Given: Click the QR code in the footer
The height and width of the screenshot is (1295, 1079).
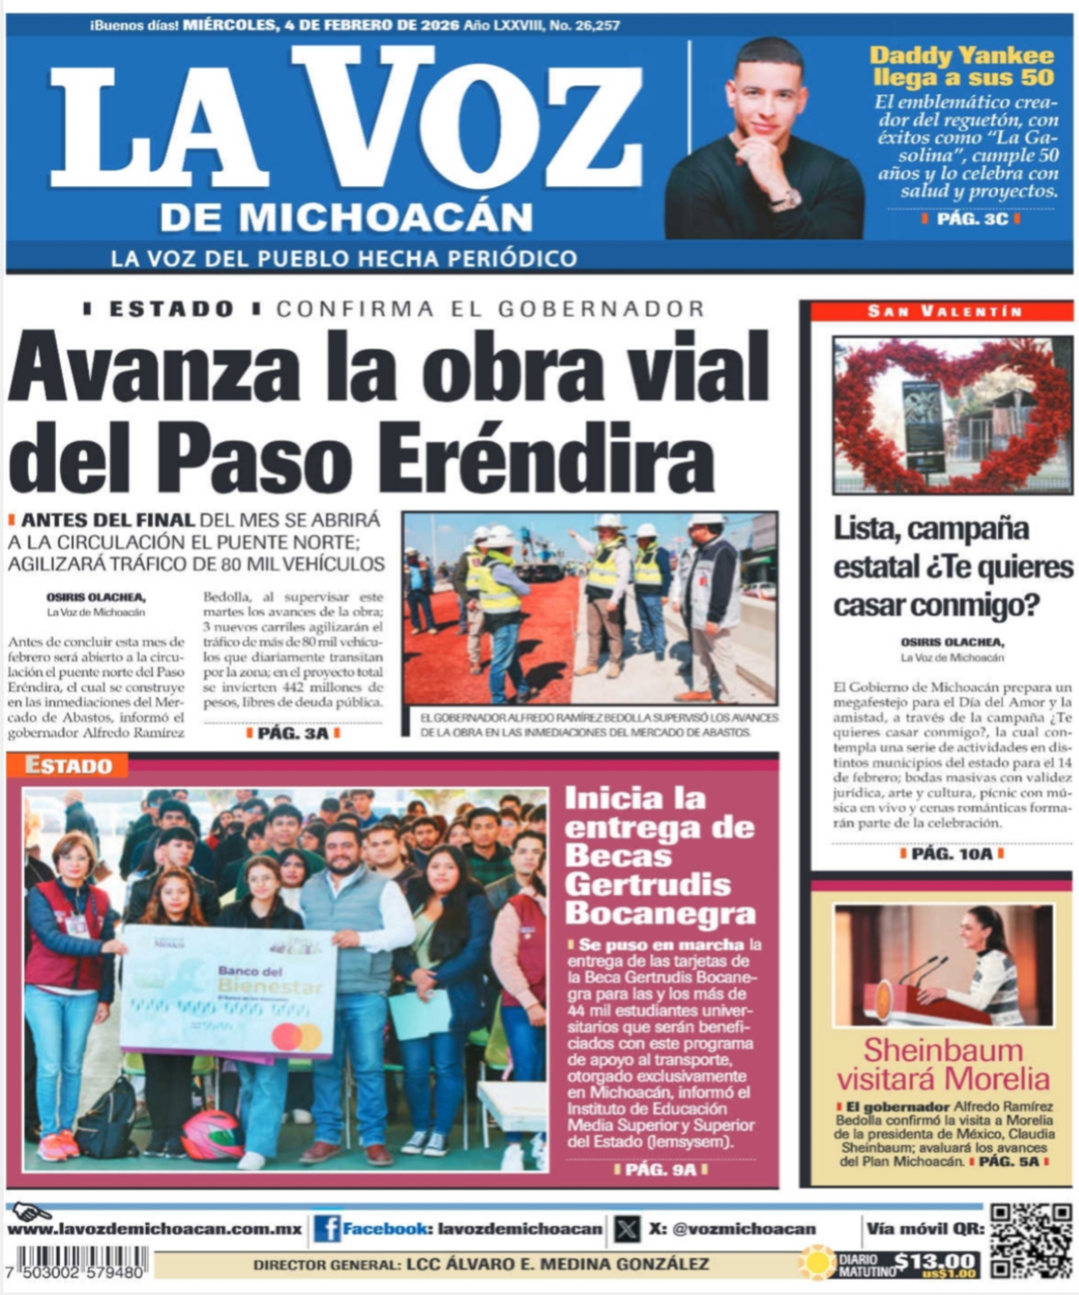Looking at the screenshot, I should pos(1030,1240).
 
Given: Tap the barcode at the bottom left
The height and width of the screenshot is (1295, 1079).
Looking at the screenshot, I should pos(77,1262).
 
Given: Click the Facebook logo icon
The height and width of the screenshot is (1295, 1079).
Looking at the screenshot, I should pos(327,1229).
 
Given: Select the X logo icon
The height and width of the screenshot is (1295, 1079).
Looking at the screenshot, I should pos(626,1229).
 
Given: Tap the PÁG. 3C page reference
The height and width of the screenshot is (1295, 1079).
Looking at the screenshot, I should pos(972,218).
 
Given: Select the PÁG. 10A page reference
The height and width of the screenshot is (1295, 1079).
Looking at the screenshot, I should pos(951,854).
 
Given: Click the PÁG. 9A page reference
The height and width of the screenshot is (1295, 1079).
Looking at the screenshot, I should pos(661,1169).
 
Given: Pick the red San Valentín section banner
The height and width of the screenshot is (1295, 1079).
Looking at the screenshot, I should pos(942,311).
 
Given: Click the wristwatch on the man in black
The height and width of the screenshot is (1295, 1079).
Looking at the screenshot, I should pos(785,199).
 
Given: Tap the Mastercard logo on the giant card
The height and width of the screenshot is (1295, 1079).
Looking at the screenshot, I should pos(297,1037).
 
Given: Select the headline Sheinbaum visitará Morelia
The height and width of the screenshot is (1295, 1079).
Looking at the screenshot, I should pos(943,1063).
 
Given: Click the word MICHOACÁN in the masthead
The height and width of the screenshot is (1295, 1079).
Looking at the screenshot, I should pos(347,217).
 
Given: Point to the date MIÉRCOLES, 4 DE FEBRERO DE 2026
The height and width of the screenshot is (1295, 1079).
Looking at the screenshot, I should pos(321,25).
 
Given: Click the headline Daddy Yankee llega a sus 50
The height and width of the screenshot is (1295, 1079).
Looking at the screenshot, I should pos(962,66).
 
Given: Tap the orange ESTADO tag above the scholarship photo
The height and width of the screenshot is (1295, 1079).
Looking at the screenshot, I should pos(69,766).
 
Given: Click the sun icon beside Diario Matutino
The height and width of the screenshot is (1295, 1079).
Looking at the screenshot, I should pos(818,1263).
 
